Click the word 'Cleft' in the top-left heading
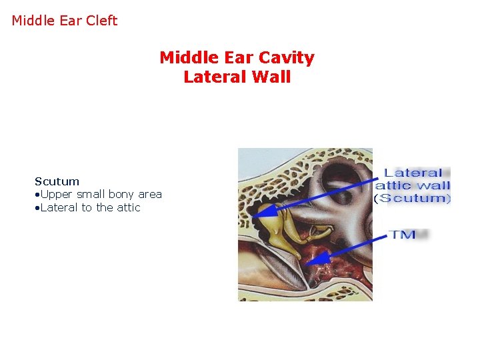click(x=102, y=21)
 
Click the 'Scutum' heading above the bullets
click(x=57, y=181)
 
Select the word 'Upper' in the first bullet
click(x=56, y=194)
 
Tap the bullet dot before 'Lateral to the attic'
click(x=37, y=208)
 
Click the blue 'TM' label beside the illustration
click(x=403, y=234)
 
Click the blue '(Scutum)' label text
click(x=413, y=198)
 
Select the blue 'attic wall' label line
click(x=413, y=185)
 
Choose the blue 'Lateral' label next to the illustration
click(x=413, y=173)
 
